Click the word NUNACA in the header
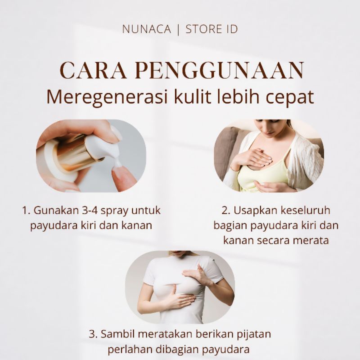click(x=146, y=30)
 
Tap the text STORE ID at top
click(x=211, y=30)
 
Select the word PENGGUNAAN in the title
click(x=219, y=71)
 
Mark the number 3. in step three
click(x=93, y=334)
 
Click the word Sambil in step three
click(x=117, y=334)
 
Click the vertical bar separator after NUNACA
click(x=178, y=30)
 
